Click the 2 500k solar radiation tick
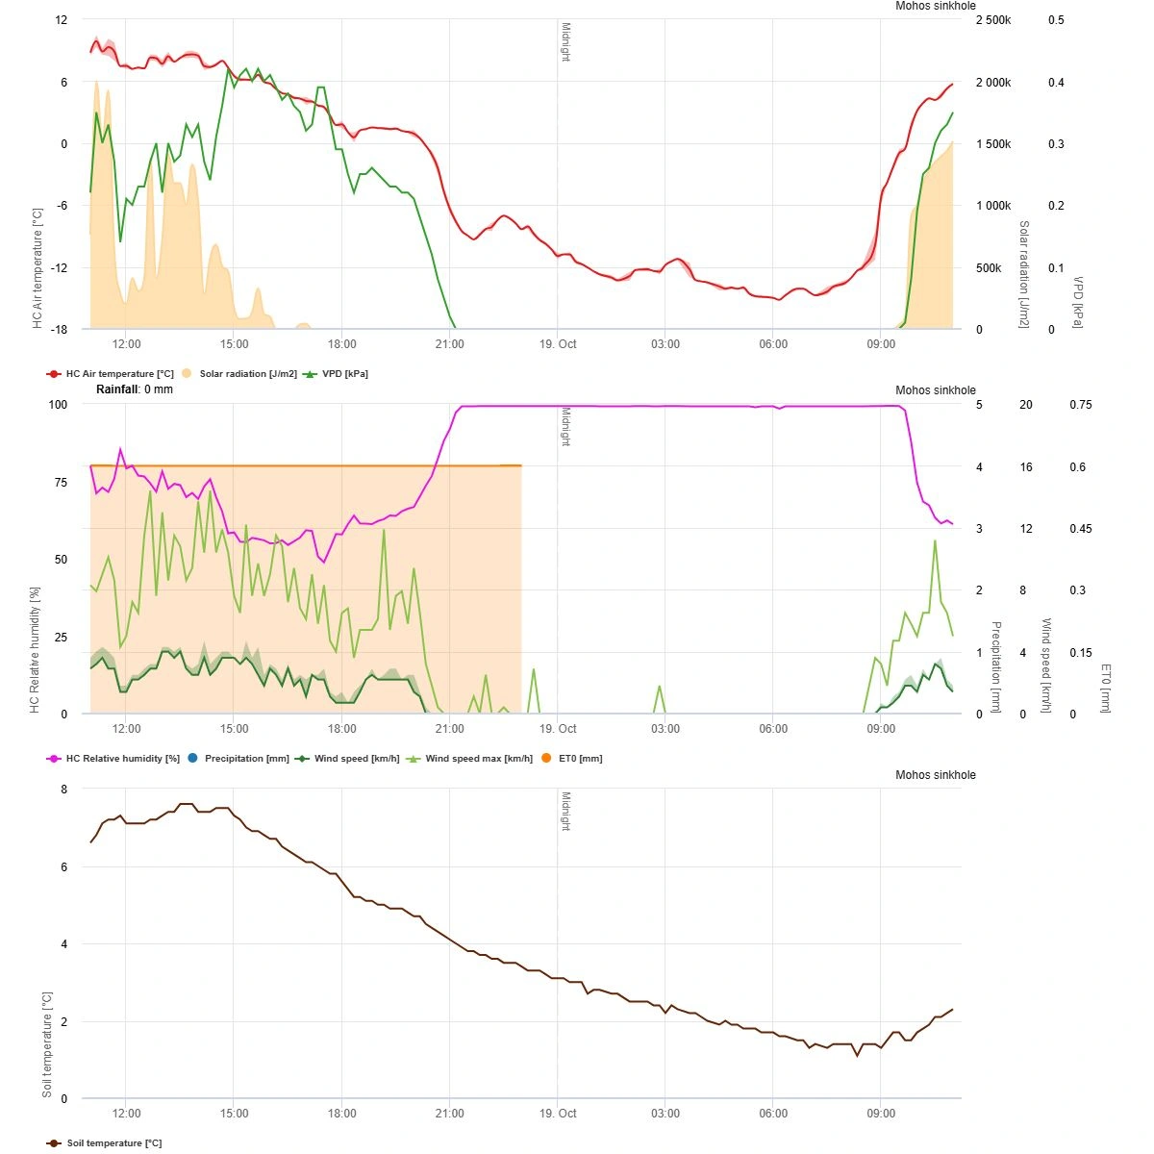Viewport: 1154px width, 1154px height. coord(993,20)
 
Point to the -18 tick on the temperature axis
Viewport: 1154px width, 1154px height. coord(60,329)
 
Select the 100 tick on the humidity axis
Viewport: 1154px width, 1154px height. coord(58,405)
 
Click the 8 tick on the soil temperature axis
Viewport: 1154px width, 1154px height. coord(63,790)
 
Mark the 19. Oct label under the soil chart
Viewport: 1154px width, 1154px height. coord(558,1114)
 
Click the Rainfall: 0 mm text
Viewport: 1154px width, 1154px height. coord(135,389)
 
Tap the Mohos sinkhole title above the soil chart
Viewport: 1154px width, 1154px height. coord(935,775)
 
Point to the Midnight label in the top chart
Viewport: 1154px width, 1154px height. coord(565,42)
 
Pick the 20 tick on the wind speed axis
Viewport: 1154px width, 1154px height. coord(1026,405)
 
